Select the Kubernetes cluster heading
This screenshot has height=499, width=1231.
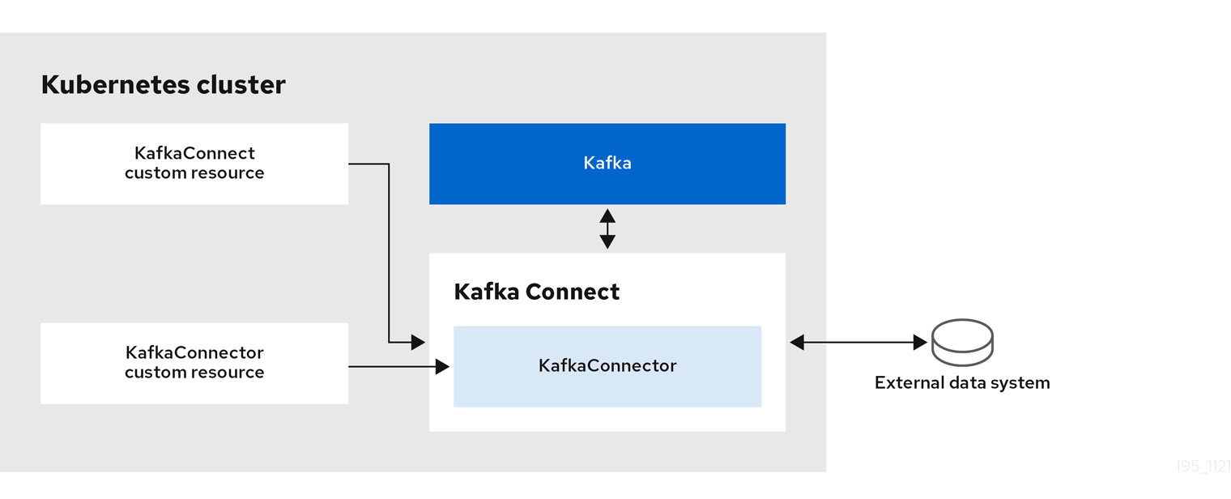[x=163, y=85]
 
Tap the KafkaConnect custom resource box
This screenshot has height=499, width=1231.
[x=194, y=163]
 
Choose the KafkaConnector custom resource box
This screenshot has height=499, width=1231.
[x=194, y=363]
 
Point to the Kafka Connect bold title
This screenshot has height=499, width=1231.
[x=536, y=292]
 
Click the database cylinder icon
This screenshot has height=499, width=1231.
[x=962, y=343]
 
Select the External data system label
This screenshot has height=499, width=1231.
[x=962, y=382]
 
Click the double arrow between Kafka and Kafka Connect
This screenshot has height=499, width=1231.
[x=607, y=228]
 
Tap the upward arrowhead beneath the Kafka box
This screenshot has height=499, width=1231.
[x=607, y=215]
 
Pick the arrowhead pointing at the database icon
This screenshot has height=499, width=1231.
[x=920, y=343]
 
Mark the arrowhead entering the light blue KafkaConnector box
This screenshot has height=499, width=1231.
[x=442, y=367]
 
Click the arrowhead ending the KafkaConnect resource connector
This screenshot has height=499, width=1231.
[x=418, y=343]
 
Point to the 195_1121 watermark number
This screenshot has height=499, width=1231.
[x=1203, y=467]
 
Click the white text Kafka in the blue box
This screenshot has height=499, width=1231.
[x=607, y=163]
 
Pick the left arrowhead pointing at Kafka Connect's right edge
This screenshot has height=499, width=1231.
[x=797, y=343]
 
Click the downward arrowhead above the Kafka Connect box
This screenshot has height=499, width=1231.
[x=607, y=241]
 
